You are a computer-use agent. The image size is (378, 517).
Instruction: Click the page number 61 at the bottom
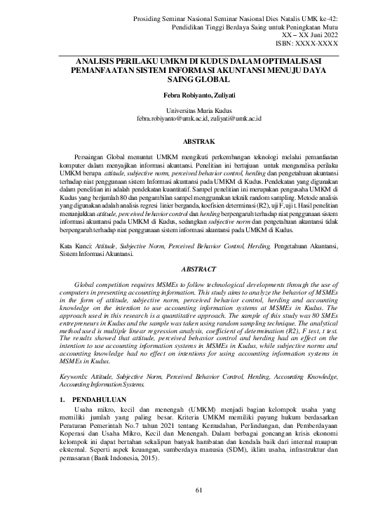[x=189, y=489]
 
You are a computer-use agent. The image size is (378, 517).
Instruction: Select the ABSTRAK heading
[x=189, y=140]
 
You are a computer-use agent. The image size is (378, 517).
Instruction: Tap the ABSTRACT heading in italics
[x=189, y=268]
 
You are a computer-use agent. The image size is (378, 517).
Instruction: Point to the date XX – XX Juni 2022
[x=312, y=33]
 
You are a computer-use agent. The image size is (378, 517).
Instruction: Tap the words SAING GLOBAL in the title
[x=189, y=81]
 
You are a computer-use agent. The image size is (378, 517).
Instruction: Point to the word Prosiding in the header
[x=151, y=15]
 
